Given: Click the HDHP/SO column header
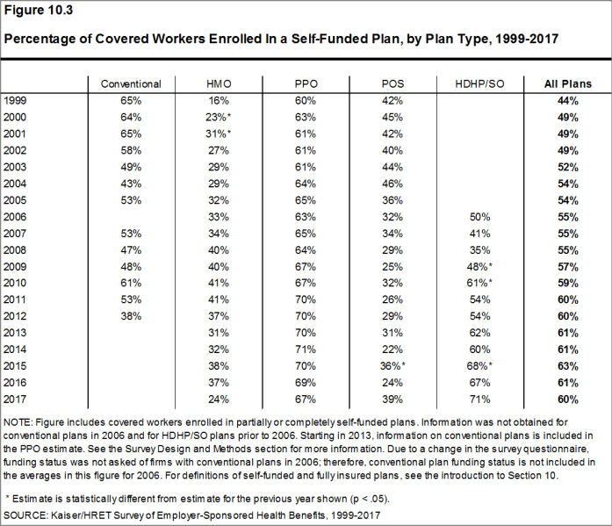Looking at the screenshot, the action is pyautogui.click(x=479, y=84).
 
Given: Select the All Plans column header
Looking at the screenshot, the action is pyautogui.click(x=568, y=84).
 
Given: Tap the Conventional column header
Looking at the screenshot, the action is pyautogui.click(x=131, y=84).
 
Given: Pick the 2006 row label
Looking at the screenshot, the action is pyautogui.click(x=15, y=217).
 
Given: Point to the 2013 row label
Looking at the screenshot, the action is pyautogui.click(x=15, y=333).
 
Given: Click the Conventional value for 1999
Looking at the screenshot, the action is pyautogui.click(x=131, y=101).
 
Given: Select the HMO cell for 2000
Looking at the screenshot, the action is pyautogui.click(x=218, y=118).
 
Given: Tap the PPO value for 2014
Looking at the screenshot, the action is pyautogui.click(x=306, y=349).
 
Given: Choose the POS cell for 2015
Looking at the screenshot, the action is pyautogui.click(x=392, y=366).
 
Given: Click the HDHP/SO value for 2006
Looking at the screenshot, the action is pyautogui.click(x=479, y=217).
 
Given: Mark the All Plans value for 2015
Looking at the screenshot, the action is pyautogui.click(x=568, y=366).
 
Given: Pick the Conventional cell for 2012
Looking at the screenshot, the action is pyautogui.click(x=131, y=316).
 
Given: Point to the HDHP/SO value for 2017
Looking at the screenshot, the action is pyautogui.click(x=479, y=400).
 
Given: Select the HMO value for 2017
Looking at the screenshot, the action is pyautogui.click(x=218, y=400).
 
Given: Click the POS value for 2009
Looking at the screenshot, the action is pyautogui.click(x=392, y=266).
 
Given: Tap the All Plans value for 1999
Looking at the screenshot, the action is pyautogui.click(x=568, y=101).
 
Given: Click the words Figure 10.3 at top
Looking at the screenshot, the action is pyautogui.click(x=39, y=10).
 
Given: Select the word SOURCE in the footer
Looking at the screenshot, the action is pyautogui.click(x=25, y=515).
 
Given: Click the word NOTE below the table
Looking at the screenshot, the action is pyautogui.click(x=18, y=422).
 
